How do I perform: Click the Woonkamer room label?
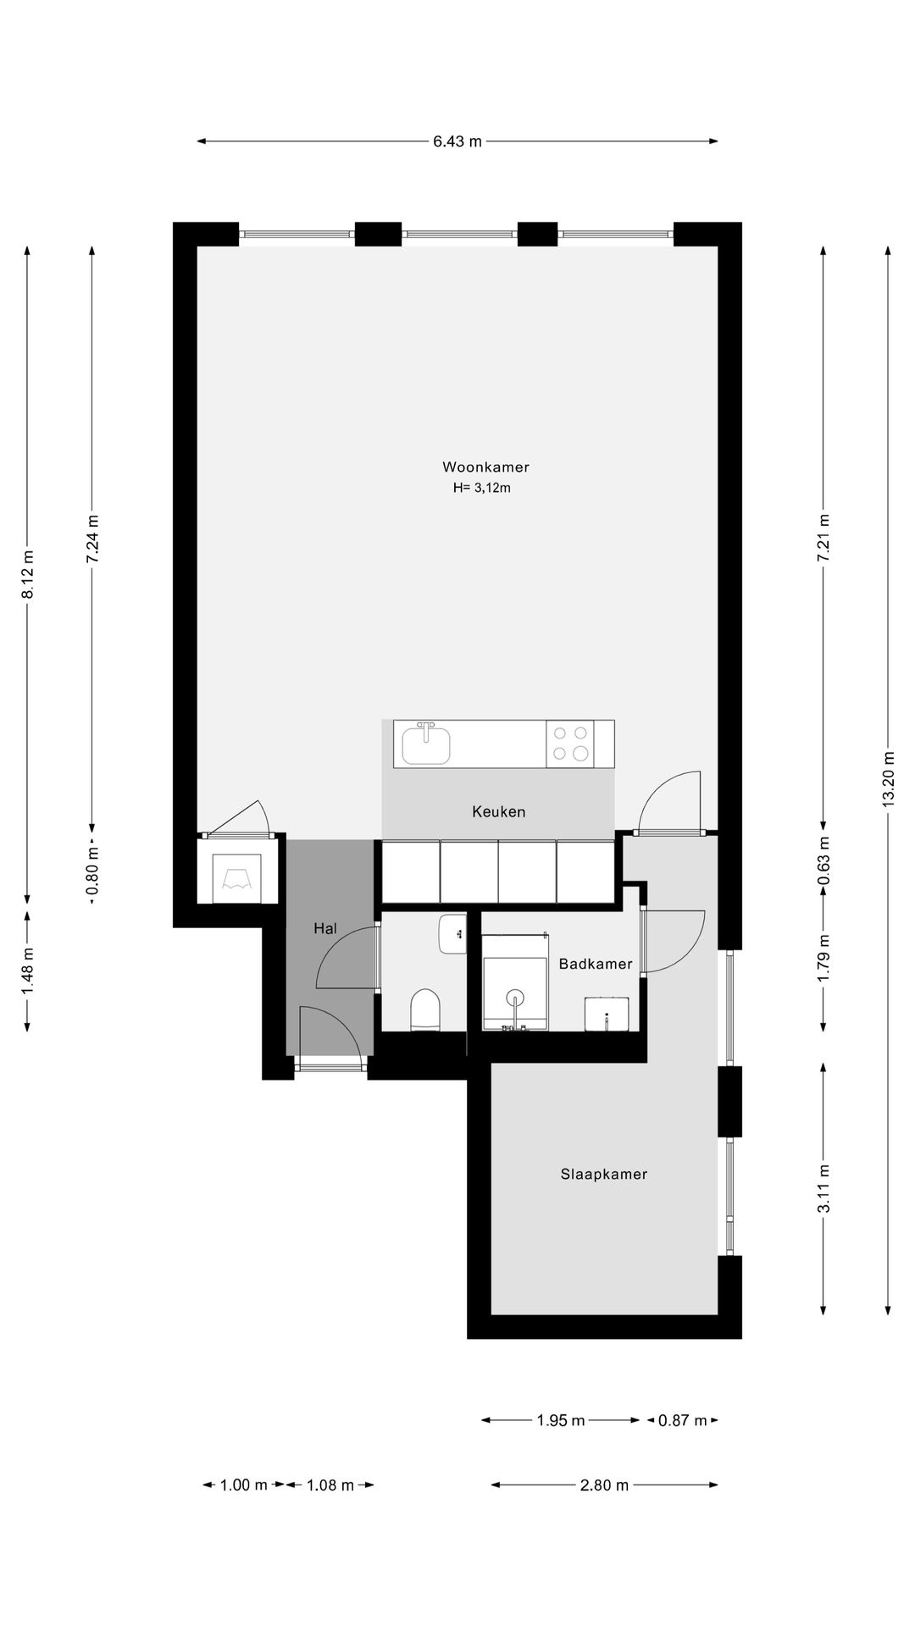click(485, 467)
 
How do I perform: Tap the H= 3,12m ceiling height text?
click(481, 488)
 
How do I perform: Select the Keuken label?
click(498, 811)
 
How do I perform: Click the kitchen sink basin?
click(425, 746)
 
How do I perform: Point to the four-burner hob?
click(569, 744)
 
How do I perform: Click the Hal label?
click(325, 928)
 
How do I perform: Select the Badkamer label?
click(596, 964)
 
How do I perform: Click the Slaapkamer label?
click(603, 1174)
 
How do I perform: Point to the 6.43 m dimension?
click(457, 141)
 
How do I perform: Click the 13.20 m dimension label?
click(888, 779)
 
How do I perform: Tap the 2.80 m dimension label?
click(604, 1485)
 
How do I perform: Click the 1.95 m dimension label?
click(560, 1420)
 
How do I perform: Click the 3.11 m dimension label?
click(823, 1189)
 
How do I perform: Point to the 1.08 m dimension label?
click(330, 1485)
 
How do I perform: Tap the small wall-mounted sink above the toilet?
click(452, 933)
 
